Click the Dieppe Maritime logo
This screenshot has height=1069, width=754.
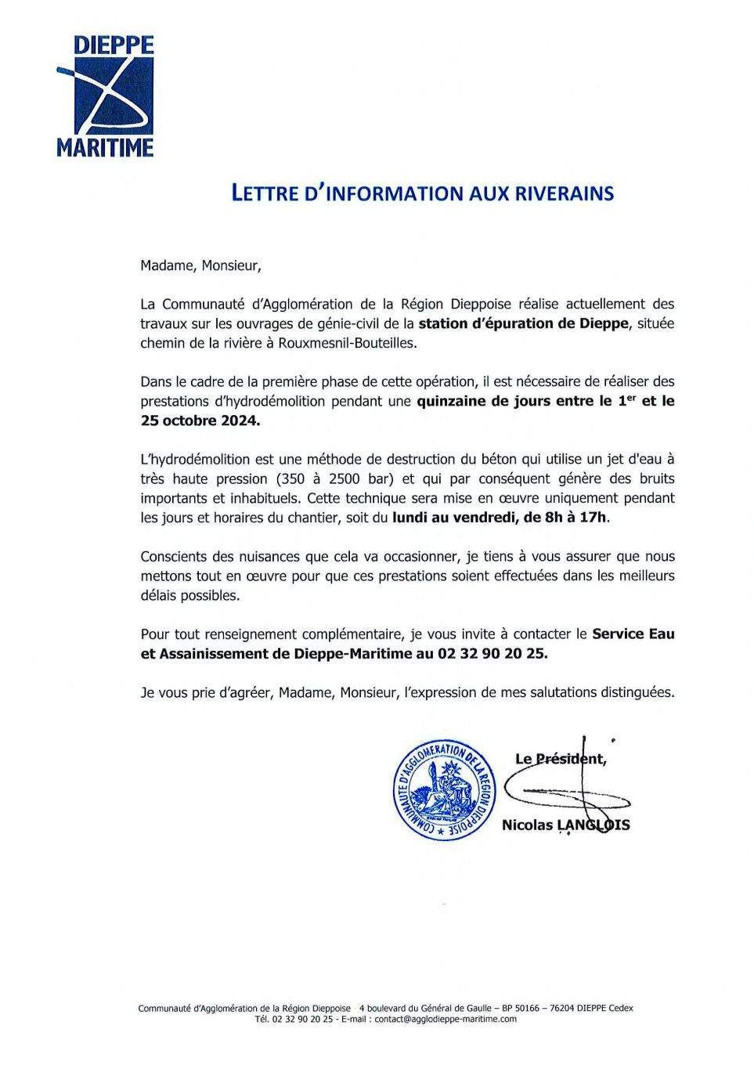point(105,96)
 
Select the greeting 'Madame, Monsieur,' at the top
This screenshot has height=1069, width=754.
point(200,265)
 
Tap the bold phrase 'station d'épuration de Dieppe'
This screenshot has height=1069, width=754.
point(523,323)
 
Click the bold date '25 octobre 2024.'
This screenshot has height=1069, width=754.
point(200,421)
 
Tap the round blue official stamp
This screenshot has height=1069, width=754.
point(444,790)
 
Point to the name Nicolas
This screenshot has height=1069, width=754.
point(526,825)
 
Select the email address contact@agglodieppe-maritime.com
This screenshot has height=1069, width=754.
point(446,1019)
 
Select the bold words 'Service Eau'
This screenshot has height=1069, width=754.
point(633,634)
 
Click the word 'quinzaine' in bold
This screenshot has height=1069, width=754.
point(451,401)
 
